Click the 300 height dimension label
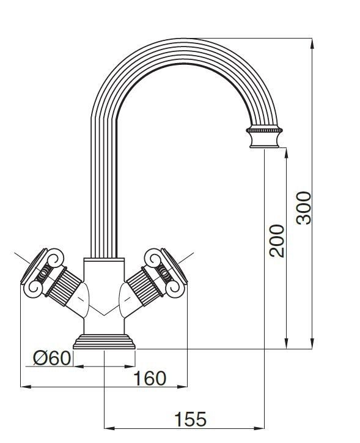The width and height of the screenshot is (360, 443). coord(304,207)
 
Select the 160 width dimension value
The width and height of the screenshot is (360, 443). coord(150,378)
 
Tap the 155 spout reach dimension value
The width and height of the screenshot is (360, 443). coord(190,420)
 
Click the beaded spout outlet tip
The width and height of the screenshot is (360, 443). coord(265,138)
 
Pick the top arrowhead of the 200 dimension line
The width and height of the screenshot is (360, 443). coord(286,154)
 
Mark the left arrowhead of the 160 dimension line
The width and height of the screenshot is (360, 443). coord(24,387)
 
